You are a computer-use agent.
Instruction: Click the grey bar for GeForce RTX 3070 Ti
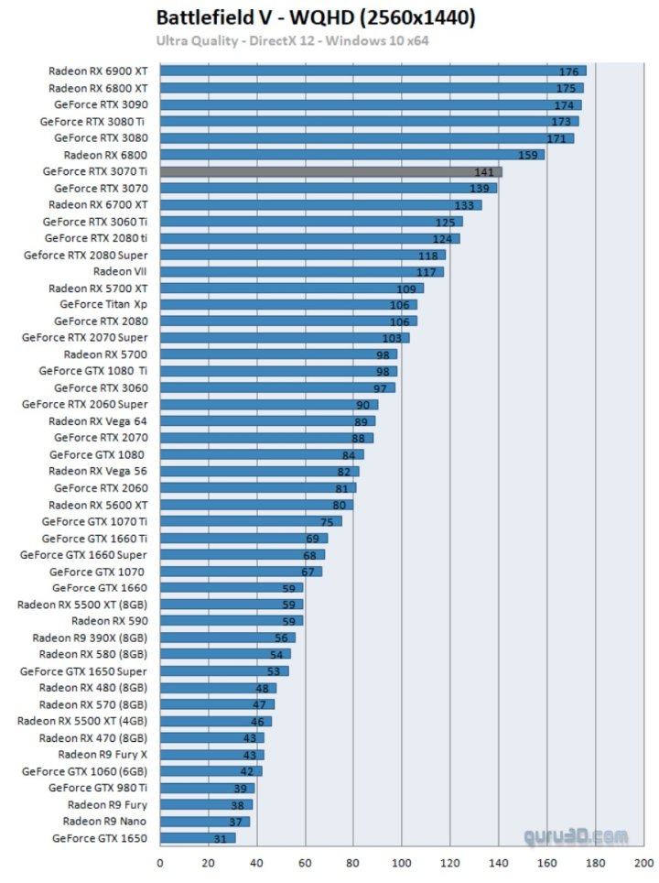[x=329, y=171]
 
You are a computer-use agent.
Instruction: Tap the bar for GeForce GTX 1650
[x=197, y=838]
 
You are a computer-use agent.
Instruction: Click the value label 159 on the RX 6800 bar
[x=528, y=155]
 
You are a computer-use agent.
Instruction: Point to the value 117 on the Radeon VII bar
[x=427, y=272]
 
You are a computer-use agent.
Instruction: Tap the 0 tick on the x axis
[x=160, y=862]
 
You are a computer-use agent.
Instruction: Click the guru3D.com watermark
[x=577, y=836]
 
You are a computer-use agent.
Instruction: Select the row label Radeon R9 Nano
[x=104, y=821]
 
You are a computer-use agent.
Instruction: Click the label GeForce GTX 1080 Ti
[x=92, y=371]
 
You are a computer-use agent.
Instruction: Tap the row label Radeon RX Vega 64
[x=97, y=421]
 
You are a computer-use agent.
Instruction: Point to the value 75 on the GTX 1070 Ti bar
[x=327, y=522]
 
